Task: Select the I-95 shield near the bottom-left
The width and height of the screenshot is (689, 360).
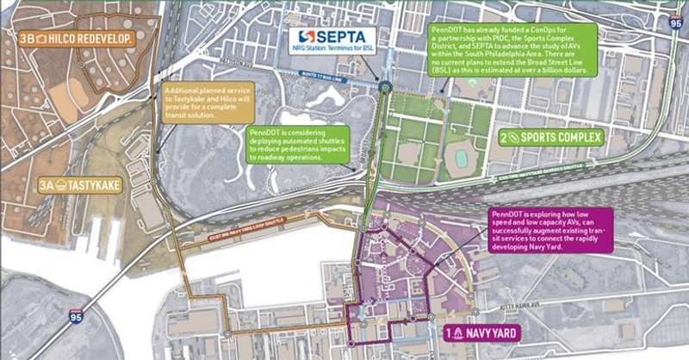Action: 79,319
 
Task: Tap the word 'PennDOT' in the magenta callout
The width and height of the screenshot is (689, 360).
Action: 510,212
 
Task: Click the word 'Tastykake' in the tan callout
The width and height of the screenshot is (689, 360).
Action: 193,103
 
